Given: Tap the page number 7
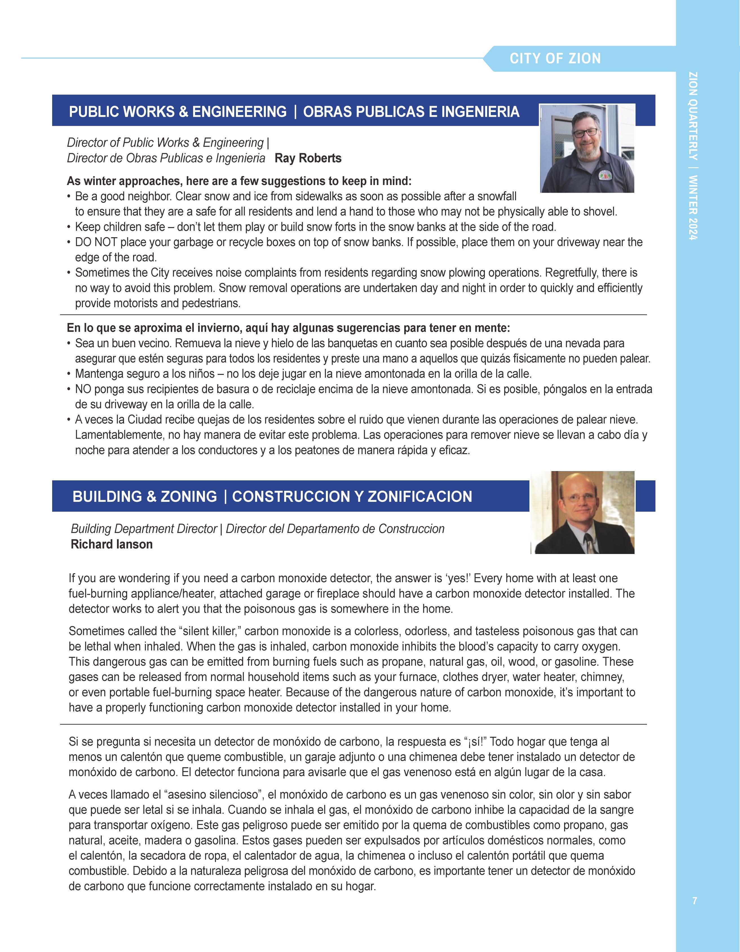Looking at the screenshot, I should click(694, 901).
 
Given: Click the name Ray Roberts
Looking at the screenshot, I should click(308, 158).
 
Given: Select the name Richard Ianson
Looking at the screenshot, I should click(112, 544).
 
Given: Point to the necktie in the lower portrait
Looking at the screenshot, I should click(588, 543).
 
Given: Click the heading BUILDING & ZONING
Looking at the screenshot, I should click(145, 496).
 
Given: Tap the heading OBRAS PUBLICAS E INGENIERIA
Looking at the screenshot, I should click(411, 112).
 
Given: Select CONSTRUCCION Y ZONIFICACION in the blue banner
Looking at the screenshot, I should click(352, 496).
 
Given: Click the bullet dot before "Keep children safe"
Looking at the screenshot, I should click(69, 227).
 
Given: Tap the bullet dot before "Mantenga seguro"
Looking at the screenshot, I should click(69, 374).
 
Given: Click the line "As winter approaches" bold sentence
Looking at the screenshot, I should click(239, 181).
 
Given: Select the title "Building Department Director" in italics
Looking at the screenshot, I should click(144, 529).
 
